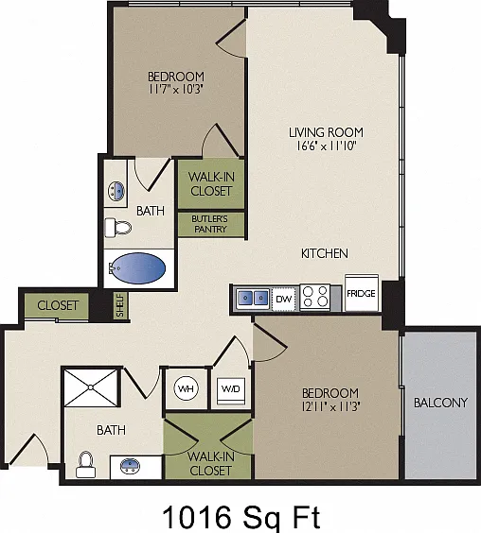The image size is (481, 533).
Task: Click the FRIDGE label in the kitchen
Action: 361,293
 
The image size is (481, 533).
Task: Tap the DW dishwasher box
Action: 283,299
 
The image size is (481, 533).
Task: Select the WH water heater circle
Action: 186,388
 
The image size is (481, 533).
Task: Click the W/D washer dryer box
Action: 231,390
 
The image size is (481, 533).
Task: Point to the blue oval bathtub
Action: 138,268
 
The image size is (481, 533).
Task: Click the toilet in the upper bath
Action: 117,228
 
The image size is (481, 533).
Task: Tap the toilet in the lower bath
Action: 85,465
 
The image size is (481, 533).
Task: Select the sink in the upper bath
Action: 116,191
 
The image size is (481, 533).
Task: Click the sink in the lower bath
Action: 130,466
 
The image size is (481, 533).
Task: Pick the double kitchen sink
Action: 253,298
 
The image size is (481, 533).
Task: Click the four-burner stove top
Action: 315,297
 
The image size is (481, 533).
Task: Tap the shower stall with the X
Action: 91,387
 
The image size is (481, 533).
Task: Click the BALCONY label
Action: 440,403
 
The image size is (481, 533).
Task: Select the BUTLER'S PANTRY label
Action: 210,224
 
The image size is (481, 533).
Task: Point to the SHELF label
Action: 120,305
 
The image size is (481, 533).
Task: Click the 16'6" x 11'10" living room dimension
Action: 326,146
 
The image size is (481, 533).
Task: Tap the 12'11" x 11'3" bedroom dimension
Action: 330,406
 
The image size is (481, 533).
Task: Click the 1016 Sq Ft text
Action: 241,518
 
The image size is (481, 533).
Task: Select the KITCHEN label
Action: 325,253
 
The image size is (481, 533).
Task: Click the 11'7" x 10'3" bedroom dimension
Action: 176,90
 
